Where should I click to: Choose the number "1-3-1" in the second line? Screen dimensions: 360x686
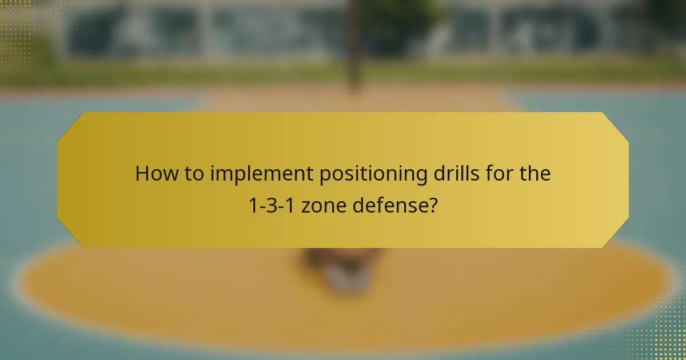pyautogui.click(x=270, y=205)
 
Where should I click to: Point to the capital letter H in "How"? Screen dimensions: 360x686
pyautogui.click(x=142, y=174)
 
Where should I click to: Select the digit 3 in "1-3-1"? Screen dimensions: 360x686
pyautogui.click(x=271, y=205)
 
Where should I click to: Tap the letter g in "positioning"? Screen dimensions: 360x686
pyautogui.click(x=423, y=177)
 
